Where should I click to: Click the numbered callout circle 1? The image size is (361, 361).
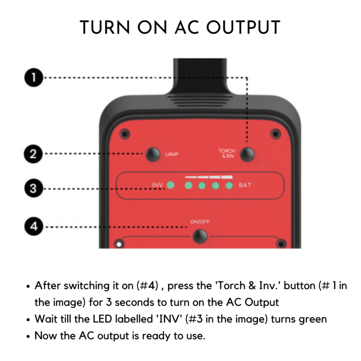34,78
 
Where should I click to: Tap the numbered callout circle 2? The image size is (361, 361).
33,154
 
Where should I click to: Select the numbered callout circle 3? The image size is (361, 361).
34,188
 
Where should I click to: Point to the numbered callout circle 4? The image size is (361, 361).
34,226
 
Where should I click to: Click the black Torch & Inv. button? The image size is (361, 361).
247,154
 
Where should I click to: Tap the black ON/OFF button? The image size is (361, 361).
200,236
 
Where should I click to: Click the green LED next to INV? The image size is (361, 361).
170,185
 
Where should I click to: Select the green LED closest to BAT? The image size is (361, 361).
229,185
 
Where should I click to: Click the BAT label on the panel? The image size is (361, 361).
245,185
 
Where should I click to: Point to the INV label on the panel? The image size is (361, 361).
157,185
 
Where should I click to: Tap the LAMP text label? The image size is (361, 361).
172,154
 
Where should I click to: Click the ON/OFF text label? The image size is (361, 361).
200,222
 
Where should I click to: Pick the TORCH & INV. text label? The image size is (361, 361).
227,154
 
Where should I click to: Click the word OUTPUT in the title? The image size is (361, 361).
243,27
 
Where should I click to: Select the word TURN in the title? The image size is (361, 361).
105,27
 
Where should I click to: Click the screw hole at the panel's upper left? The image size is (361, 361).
125,134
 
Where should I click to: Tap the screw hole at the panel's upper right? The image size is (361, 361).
275,134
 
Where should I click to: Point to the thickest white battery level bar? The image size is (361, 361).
227,177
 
